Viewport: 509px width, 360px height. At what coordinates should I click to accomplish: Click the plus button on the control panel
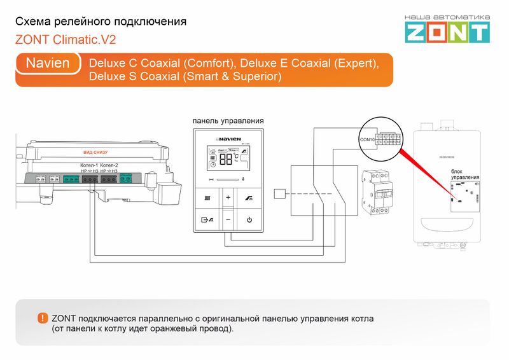click(x=228, y=198)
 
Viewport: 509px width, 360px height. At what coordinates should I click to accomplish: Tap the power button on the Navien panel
click(x=249, y=220)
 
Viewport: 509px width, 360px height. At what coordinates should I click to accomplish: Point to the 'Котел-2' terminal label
click(x=109, y=165)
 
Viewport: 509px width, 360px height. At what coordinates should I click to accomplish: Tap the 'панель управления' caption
click(x=228, y=121)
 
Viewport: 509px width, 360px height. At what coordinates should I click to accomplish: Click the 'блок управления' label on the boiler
click(x=464, y=174)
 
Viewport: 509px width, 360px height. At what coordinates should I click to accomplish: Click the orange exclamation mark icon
click(x=43, y=318)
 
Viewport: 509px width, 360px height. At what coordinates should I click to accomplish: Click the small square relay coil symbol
click(x=279, y=195)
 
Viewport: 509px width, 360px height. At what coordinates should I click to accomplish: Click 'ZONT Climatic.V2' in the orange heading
click(x=66, y=39)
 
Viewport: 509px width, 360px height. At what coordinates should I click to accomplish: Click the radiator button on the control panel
click(x=207, y=198)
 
